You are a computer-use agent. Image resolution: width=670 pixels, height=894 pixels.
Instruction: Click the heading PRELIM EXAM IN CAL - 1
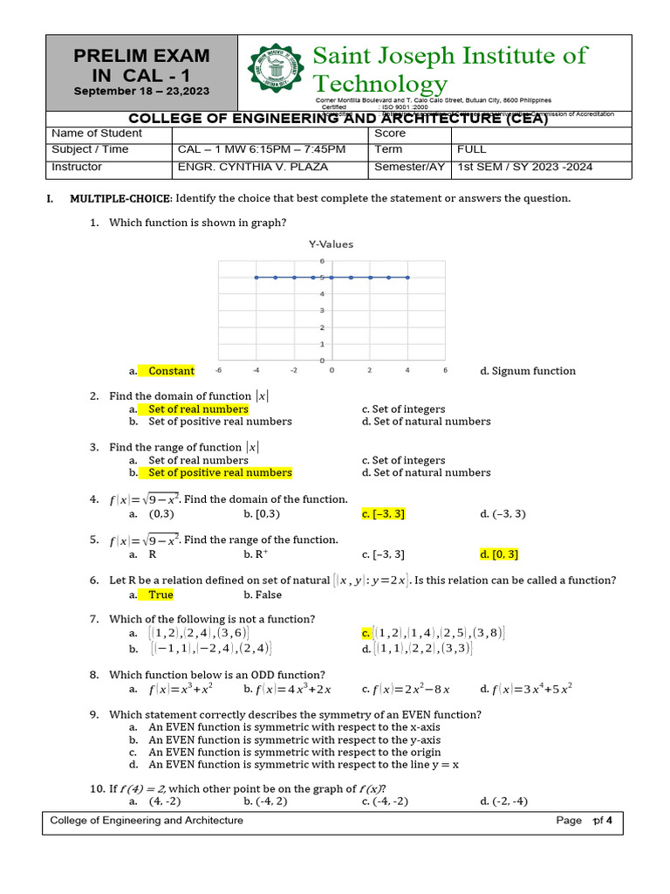point(141,65)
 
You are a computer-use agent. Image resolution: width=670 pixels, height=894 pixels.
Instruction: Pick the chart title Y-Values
point(331,244)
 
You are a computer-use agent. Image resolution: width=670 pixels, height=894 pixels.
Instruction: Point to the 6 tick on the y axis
point(322,261)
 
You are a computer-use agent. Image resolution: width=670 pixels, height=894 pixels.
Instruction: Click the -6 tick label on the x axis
point(218,370)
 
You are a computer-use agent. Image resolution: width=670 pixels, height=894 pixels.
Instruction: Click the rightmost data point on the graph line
point(408,278)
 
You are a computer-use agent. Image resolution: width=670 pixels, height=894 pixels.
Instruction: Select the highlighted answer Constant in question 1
point(170,371)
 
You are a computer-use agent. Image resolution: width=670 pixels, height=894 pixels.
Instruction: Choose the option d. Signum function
point(528,371)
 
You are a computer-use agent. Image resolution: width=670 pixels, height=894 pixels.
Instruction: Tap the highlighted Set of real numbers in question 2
point(198,409)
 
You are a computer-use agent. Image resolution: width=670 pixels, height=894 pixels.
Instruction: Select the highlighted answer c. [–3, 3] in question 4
point(383,514)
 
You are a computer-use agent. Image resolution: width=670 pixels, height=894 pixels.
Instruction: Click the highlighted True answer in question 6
point(161,595)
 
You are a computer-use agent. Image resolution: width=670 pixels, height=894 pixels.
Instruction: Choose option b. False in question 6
point(263,595)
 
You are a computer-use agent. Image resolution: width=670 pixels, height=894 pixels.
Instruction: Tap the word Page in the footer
point(569,821)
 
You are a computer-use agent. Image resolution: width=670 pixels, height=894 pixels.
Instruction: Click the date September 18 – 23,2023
point(141,92)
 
